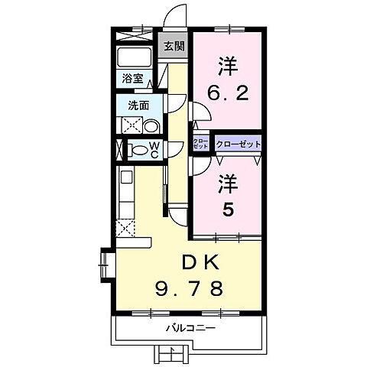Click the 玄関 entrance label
174,46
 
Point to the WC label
154,149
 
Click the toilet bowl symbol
138,150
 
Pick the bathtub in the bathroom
135,58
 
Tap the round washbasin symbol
151,126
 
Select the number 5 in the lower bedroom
227,209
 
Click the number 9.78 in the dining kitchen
191,288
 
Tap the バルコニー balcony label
191,328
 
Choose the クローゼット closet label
239,144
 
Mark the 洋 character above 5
227,183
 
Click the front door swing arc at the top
177,17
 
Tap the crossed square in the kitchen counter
125,227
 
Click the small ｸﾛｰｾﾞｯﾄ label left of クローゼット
201,144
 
